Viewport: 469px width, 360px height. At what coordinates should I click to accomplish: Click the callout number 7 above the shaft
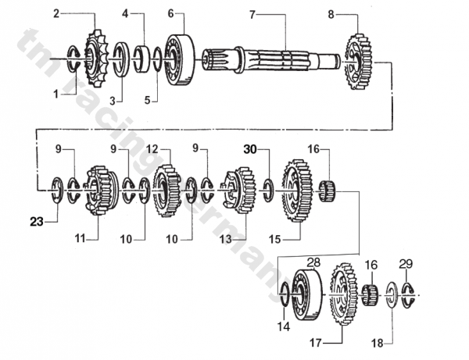click(252, 15)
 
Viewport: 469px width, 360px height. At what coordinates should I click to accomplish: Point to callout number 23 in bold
click(37, 222)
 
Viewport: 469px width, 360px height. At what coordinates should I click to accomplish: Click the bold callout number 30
click(250, 149)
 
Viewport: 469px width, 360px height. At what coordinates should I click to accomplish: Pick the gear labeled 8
click(358, 61)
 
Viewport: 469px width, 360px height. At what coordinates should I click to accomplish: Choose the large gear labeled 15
click(297, 191)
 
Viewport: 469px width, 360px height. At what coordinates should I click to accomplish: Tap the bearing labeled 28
click(307, 294)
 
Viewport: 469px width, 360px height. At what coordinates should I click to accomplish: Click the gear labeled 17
click(344, 294)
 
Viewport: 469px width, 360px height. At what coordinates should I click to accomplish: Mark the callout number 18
click(378, 344)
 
